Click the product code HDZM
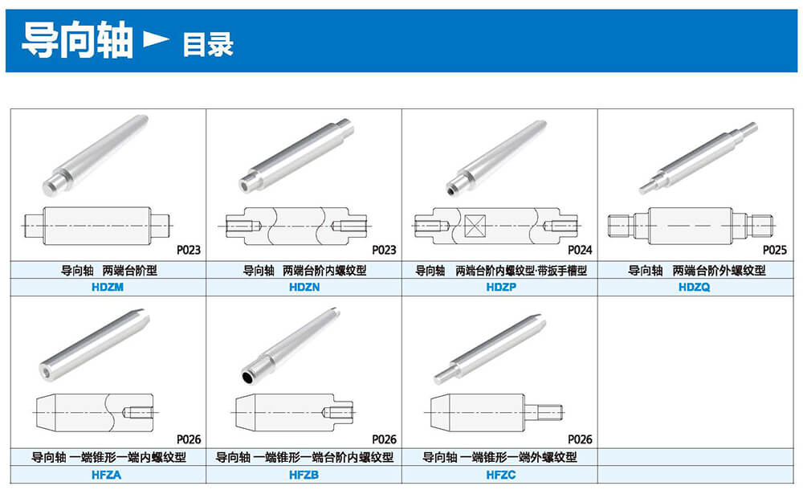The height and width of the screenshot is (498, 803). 108,287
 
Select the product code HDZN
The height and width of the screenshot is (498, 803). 304,287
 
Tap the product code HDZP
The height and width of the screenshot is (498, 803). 501,287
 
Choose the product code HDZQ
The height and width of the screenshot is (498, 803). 694,287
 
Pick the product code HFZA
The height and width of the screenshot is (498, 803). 107,475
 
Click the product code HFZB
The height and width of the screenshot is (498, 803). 304,475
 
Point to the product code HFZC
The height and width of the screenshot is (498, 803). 501,475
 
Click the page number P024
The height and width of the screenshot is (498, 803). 580,250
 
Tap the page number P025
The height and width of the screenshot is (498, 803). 774,250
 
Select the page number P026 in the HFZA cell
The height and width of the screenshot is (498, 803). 189,439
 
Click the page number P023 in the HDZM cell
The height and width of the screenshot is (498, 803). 189,250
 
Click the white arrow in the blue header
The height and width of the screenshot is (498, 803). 156,39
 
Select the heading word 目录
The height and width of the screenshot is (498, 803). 208,44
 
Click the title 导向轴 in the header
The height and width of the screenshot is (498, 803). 77,40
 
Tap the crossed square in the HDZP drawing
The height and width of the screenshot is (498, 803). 475,226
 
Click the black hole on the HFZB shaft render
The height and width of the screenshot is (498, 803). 247,378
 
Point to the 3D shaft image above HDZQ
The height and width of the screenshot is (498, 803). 698,157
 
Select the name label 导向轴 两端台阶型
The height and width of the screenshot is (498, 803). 109,270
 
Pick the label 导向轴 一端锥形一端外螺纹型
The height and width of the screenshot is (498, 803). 499,457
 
